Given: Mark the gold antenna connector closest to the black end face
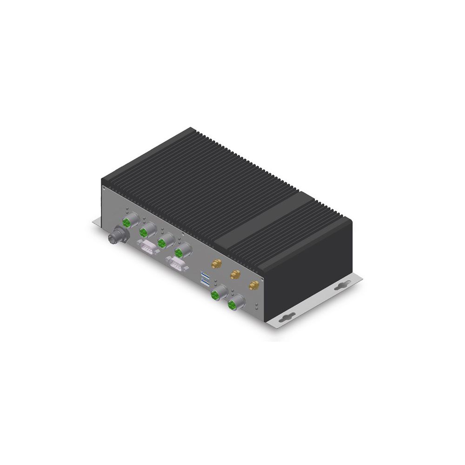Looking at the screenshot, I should pos(253,285).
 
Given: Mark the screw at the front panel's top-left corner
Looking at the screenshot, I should pos(104,189).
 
